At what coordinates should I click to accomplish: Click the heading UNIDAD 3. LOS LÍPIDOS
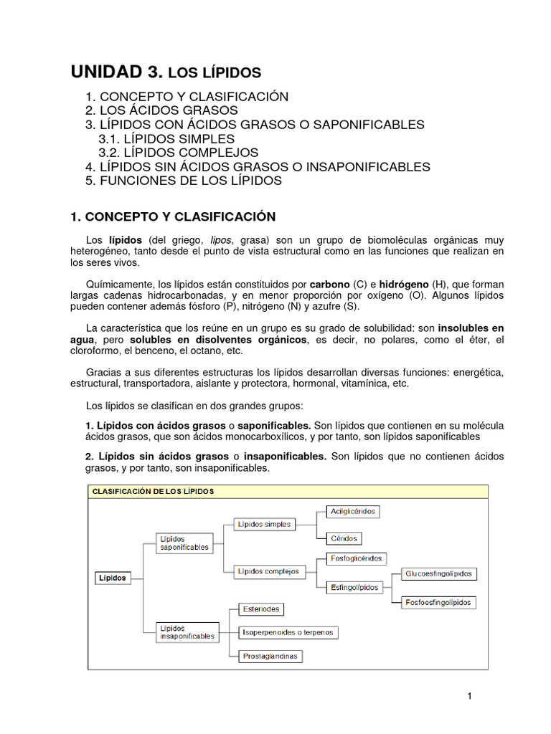tap(166, 72)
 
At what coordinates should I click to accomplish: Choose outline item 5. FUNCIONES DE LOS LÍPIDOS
tap(183, 181)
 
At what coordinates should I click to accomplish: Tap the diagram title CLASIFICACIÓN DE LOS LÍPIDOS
tap(154, 491)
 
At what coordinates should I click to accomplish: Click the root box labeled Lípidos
tap(113, 577)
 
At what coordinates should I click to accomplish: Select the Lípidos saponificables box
tap(184, 543)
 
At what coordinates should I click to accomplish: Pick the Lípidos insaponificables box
tap(187, 631)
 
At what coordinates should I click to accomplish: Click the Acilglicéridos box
tap(352, 511)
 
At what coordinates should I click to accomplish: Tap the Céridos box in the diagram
tap(343, 538)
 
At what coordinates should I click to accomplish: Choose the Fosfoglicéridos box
tap(356, 558)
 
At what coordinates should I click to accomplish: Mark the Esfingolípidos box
tap(354, 587)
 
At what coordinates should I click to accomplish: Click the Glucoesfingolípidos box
tap(438, 574)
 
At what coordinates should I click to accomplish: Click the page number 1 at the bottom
tap(469, 695)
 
